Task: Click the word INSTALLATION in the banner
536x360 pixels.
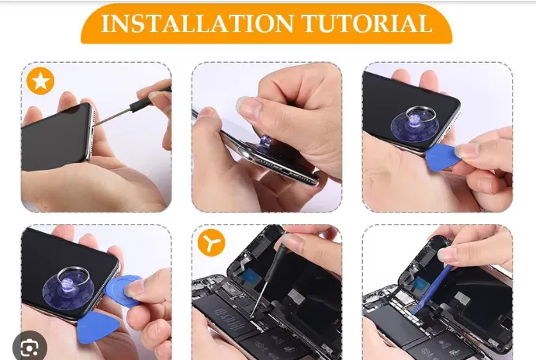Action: (198, 23)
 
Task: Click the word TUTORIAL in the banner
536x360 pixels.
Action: (367, 23)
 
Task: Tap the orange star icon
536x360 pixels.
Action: (40, 81)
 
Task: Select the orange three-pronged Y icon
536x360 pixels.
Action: (211, 242)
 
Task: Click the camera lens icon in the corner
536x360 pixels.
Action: (29, 348)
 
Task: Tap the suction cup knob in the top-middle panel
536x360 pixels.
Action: (265, 140)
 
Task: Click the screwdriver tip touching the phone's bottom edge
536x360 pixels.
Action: (93, 126)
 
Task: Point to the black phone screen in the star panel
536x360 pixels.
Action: (55, 137)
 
